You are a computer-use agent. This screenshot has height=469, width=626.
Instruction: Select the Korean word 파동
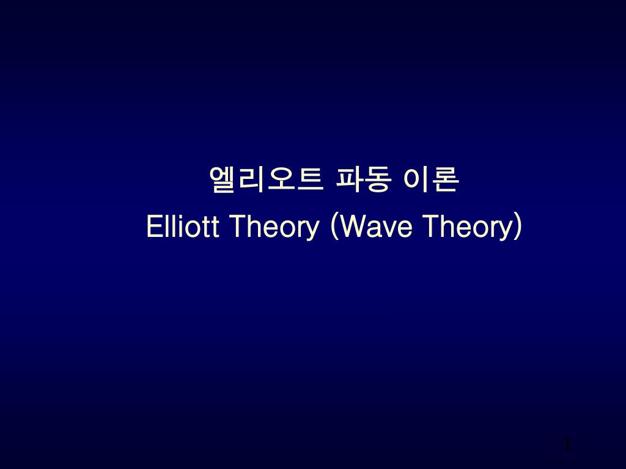coord(362,180)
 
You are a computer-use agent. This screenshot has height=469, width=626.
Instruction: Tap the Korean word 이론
coord(430,180)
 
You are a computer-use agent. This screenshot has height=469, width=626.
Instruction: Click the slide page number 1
coord(567,445)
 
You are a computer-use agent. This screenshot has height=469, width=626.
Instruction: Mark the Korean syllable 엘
coord(223,180)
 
